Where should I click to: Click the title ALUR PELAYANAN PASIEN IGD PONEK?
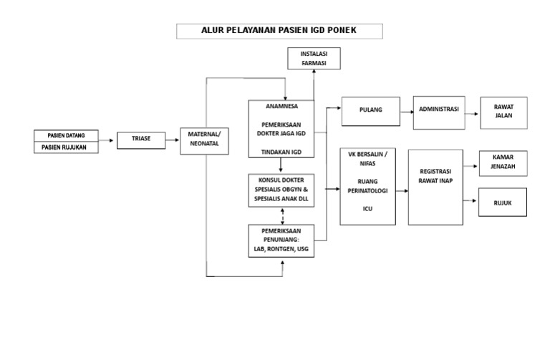click(x=280, y=31)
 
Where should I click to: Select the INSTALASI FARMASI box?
click(x=314, y=59)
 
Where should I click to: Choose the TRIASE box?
click(x=140, y=139)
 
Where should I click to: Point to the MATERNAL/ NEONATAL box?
click(x=204, y=138)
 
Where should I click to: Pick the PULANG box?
click(x=371, y=110)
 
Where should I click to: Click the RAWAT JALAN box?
click(x=503, y=112)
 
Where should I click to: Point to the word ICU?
click(x=367, y=210)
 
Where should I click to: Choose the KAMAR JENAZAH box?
click(x=503, y=164)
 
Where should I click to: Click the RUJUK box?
click(x=502, y=202)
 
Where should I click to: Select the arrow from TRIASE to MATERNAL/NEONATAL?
click(x=171, y=140)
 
